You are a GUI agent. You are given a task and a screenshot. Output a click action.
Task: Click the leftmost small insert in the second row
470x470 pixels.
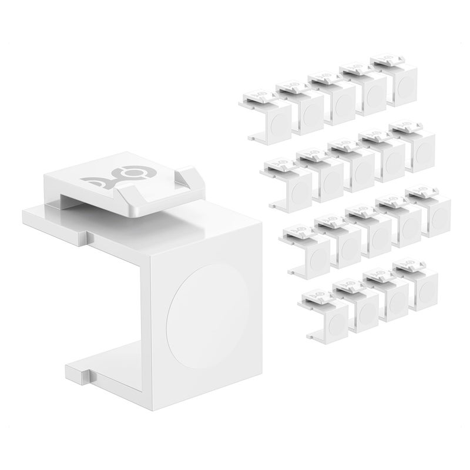pos(290,182)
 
